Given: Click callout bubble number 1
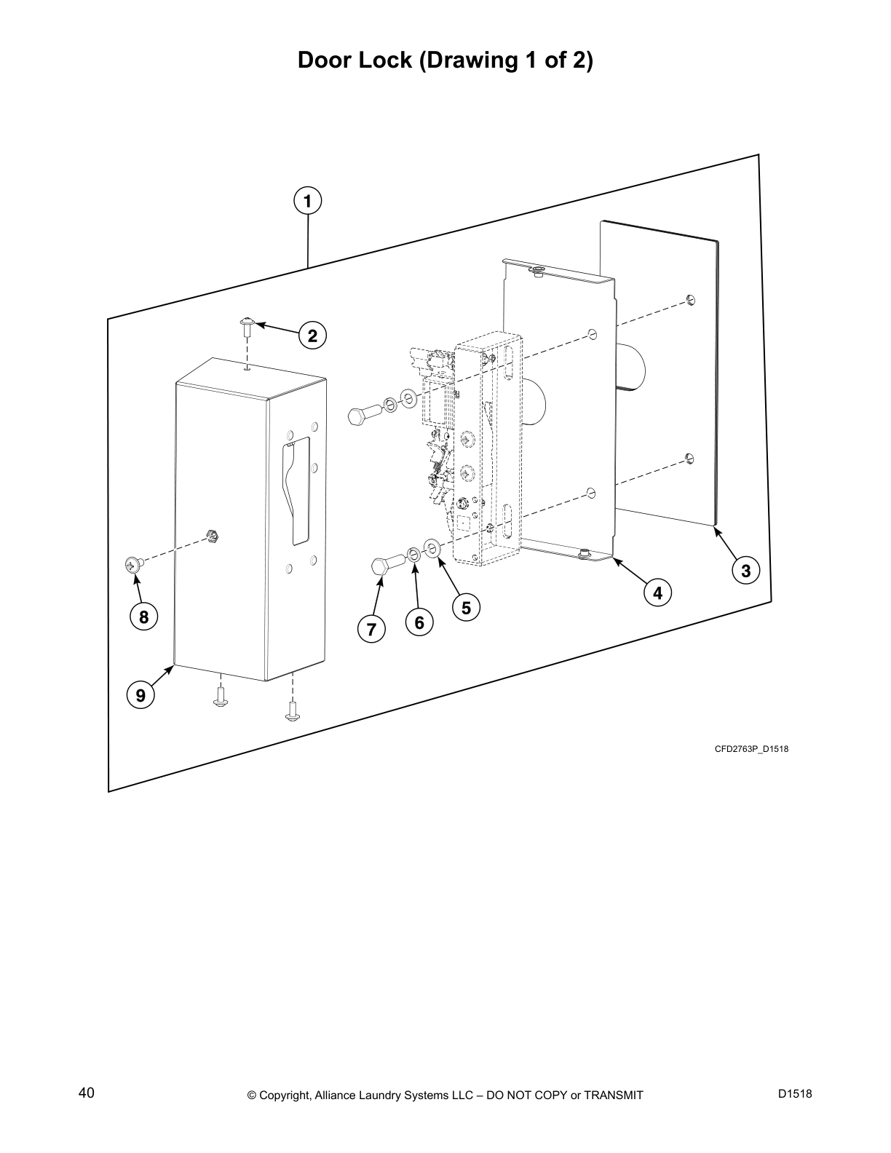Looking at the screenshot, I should pyautogui.click(x=308, y=200).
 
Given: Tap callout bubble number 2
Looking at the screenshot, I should pyautogui.click(x=312, y=336).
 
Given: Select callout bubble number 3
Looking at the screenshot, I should pyautogui.click(x=745, y=570).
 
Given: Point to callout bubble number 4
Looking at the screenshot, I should pyautogui.click(x=657, y=593).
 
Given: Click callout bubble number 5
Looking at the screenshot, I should pyautogui.click(x=466, y=607).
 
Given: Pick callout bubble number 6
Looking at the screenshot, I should pyautogui.click(x=419, y=623).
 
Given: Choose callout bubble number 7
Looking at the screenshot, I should pyautogui.click(x=371, y=628).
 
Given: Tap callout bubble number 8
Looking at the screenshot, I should pyautogui.click(x=143, y=617).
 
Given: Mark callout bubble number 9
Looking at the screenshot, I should pyautogui.click(x=140, y=694).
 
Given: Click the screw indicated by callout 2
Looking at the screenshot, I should pyautogui.click(x=247, y=324).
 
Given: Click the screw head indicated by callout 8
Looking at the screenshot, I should pyautogui.click(x=132, y=563).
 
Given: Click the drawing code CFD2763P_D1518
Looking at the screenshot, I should pyautogui.click(x=751, y=749).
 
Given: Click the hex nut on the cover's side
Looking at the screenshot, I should pyautogui.click(x=213, y=536).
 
